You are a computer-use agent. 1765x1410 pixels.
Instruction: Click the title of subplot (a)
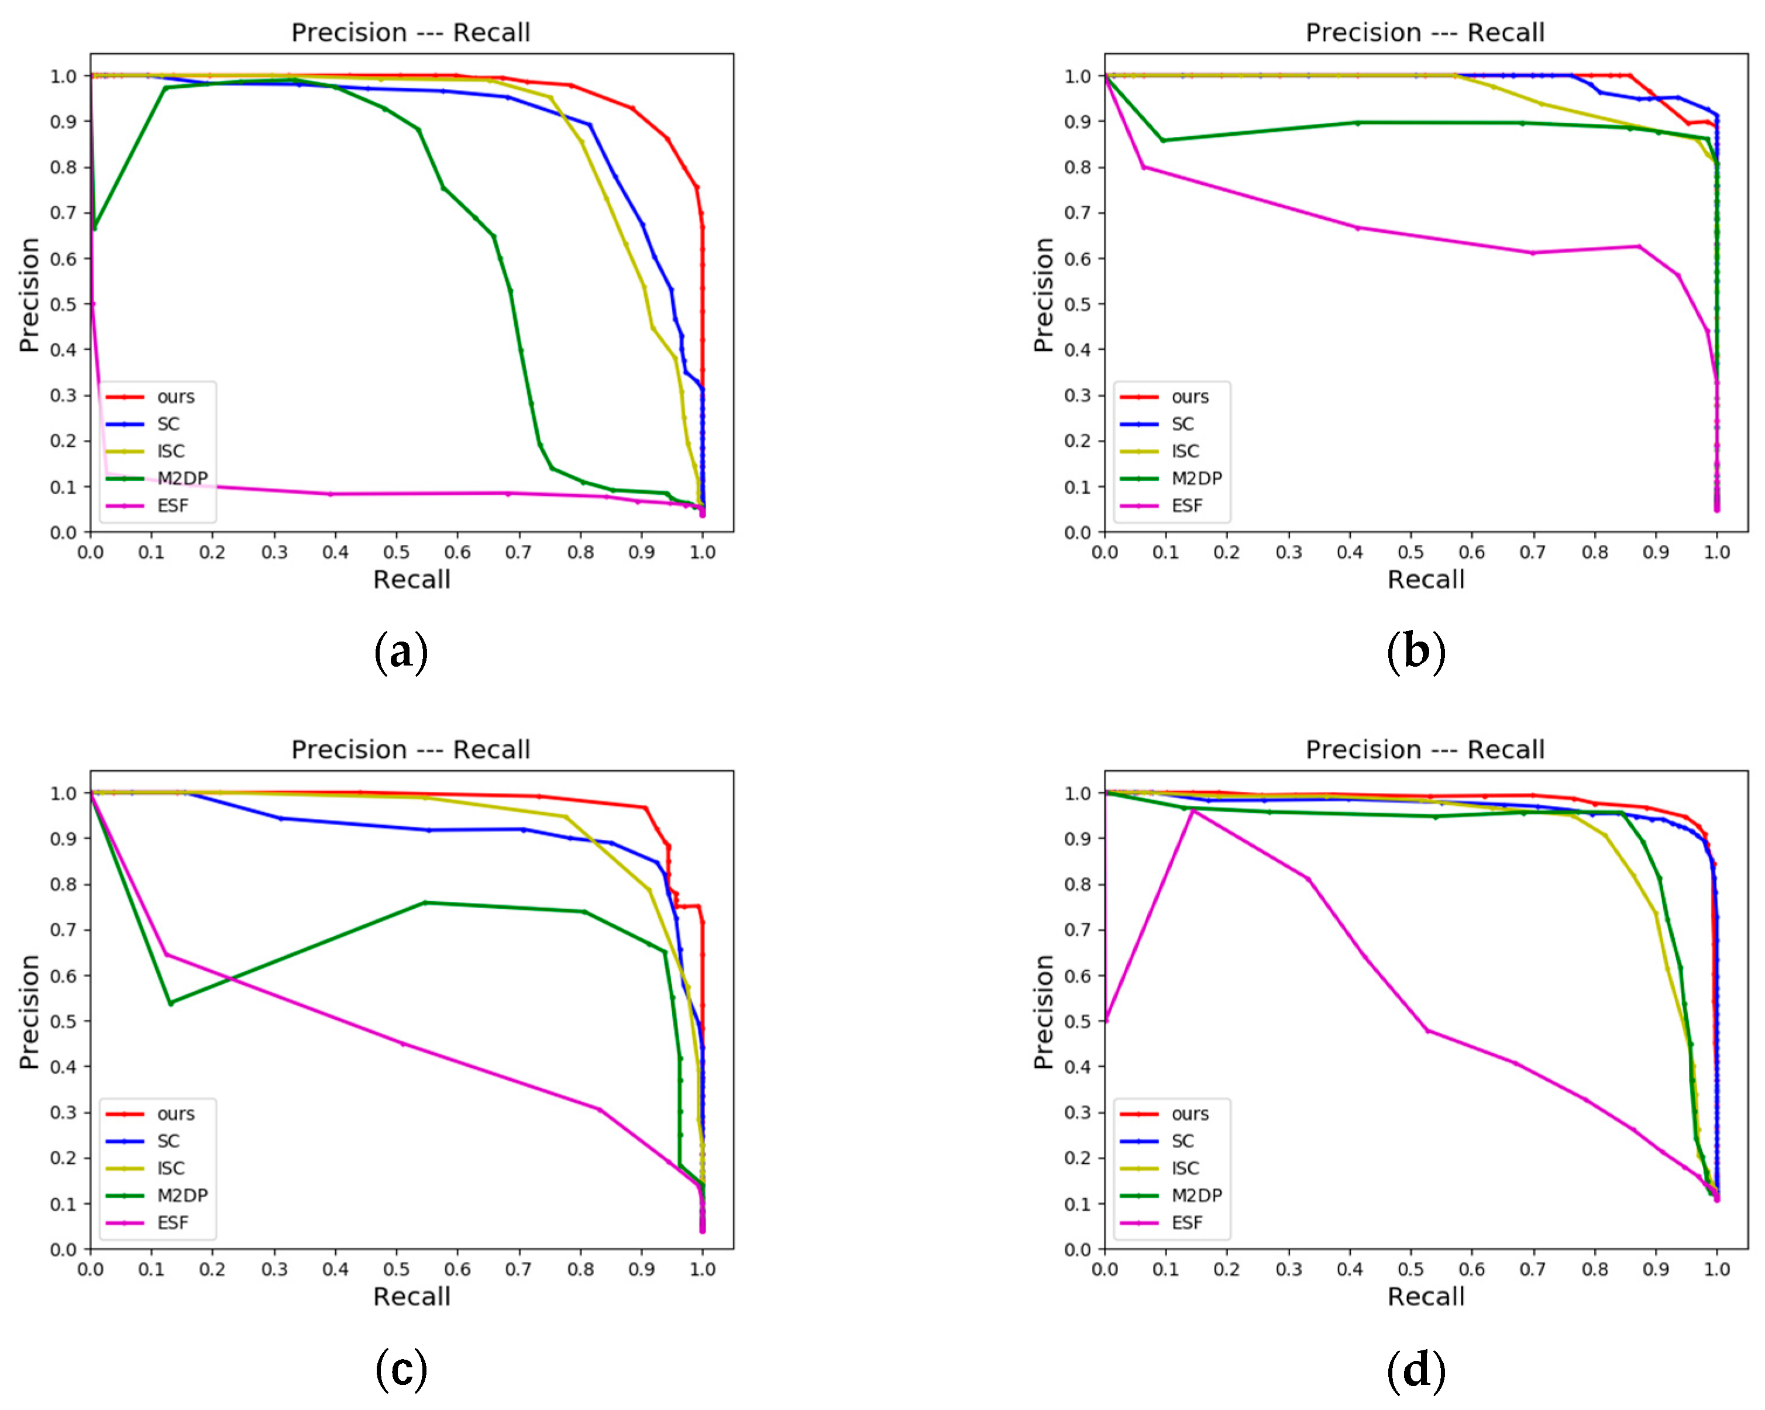(411, 33)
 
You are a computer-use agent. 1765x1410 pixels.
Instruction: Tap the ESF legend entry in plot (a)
(172, 506)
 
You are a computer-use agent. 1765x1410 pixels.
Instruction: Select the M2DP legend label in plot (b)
(1196, 479)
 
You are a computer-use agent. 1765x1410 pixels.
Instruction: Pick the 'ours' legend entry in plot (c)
(175, 1113)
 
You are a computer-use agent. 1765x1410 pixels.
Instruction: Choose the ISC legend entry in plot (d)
(1185, 1168)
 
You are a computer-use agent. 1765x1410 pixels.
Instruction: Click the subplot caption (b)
(1415, 652)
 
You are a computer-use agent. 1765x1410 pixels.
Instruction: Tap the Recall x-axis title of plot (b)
(1425, 580)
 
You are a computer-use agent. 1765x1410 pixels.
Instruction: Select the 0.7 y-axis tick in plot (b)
(1078, 213)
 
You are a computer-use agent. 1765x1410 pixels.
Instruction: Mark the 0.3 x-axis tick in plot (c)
(274, 1269)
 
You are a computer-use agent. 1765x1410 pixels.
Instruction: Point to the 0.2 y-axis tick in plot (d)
(1078, 1158)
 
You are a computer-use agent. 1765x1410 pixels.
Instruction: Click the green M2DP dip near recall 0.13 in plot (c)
(170, 1004)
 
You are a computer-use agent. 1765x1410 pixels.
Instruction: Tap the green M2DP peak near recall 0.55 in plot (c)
(425, 902)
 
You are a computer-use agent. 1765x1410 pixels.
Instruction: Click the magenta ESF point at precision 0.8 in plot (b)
(1144, 167)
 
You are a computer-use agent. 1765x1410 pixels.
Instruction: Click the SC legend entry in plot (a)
(168, 424)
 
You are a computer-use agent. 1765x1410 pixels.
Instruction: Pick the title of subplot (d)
(1425, 750)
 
